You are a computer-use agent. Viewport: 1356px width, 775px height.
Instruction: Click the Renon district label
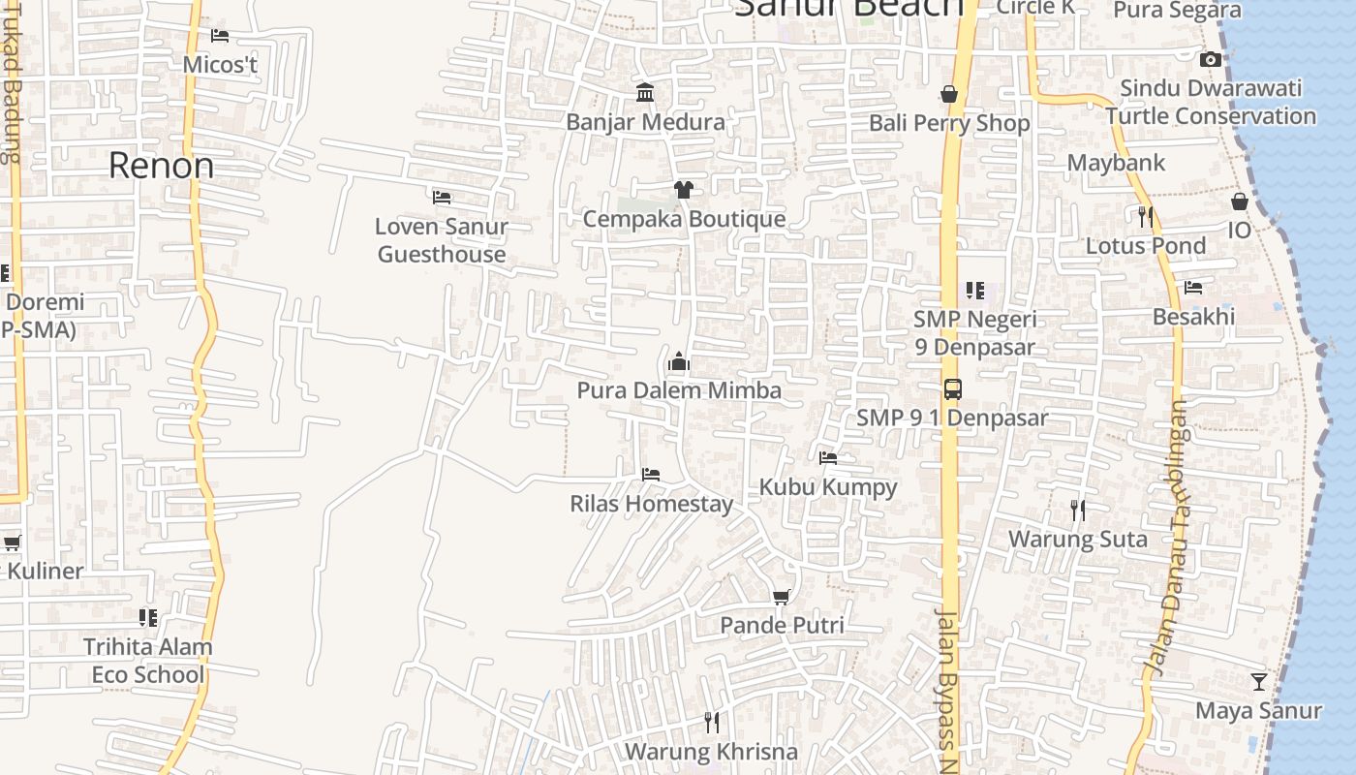coord(161,166)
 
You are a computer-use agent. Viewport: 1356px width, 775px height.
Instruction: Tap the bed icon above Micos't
coord(220,36)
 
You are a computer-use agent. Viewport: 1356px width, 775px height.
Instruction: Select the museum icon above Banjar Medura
coord(645,92)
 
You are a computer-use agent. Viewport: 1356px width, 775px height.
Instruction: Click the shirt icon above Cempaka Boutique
coord(684,189)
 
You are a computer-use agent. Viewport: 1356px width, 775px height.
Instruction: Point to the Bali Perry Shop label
coord(948,123)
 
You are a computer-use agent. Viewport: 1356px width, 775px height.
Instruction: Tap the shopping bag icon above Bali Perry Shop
coord(949,94)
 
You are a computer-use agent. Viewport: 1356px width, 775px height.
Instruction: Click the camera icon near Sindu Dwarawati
coord(1210,60)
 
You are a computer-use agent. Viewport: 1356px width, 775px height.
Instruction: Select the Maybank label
coord(1116,163)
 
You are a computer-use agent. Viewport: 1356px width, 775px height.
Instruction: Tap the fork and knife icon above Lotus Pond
coord(1146,216)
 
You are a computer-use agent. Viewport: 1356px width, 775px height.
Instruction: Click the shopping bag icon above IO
coord(1240,201)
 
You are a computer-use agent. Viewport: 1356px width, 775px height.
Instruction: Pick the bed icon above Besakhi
coord(1193,288)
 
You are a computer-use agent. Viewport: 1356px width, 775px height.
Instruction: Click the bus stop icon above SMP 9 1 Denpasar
coord(953,389)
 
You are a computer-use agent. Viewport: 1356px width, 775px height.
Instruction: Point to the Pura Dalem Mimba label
coord(679,390)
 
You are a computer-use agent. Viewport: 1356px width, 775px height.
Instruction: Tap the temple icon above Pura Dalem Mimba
coord(679,362)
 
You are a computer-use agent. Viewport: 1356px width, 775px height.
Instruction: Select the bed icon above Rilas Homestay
coord(651,475)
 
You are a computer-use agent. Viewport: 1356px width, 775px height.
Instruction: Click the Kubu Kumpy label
coord(828,487)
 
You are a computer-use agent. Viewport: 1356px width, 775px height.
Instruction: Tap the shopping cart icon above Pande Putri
coord(782,597)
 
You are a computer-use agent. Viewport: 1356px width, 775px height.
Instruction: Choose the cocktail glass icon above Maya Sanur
coord(1258,682)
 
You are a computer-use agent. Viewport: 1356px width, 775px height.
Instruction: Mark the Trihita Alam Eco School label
coord(147,661)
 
